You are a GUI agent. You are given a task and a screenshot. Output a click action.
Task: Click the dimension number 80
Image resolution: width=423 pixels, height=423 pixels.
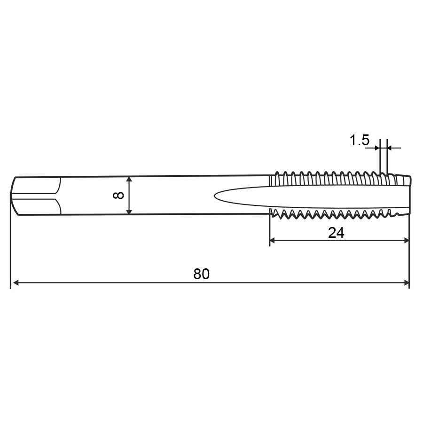pyautogui.click(x=201, y=274)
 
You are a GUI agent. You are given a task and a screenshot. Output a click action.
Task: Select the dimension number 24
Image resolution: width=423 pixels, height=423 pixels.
pyautogui.click(x=336, y=233)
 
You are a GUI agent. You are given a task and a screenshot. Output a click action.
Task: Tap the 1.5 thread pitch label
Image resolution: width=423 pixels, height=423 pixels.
pyautogui.click(x=360, y=140)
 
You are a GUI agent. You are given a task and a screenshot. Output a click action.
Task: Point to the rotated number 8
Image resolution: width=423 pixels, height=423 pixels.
pyautogui.click(x=118, y=195)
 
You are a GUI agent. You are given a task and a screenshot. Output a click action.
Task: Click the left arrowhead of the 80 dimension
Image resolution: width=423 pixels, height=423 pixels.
pyautogui.click(x=16, y=282)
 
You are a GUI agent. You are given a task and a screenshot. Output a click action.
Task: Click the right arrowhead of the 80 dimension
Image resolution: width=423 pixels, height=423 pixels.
pyautogui.click(x=406, y=282)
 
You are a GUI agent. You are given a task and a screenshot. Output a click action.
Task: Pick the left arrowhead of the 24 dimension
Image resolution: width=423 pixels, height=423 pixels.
pyautogui.click(x=273, y=240)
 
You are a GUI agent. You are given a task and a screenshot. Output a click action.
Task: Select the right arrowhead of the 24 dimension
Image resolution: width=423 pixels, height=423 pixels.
pyautogui.click(x=406, y=240)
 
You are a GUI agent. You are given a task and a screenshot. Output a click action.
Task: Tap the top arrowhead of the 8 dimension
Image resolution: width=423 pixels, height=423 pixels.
pyautogui.click(x=129, y=180)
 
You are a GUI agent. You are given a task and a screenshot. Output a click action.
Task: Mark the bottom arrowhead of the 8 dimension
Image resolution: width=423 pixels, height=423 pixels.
pyautogui.click(x=129, y=211)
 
